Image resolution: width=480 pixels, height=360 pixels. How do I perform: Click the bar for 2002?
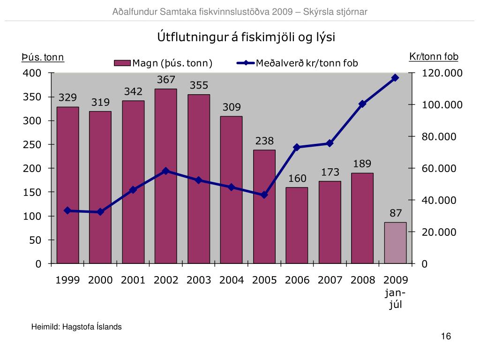pyautogui.click(x=166, y=176)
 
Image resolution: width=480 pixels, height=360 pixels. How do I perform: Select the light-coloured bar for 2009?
pyautogui.click(x=395, y=243)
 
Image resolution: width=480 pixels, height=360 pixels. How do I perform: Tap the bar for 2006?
pyautogui.click(x=297, y=225)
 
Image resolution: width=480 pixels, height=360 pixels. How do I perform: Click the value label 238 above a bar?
pyautogui.click(x=264, y=141)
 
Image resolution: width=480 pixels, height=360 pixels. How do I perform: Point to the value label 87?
pyautogui.click(x=396, y=213)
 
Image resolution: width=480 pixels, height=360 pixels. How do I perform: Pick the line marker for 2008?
pyautogui.click(x=362, y=104)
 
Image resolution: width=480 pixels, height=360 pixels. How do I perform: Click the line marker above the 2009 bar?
pyautogui.click(x=395, y=78)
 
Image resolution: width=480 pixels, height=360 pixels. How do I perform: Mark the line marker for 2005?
pyautogui.click(x=264, y=195)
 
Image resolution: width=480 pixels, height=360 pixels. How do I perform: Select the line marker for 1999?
pyautogui.click(x=67, y=210)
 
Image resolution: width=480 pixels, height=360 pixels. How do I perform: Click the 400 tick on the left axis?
pyautogui.click(x=32, y=73)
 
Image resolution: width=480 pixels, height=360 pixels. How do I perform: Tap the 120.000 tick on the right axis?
pyautogui.click(x=442, y=73)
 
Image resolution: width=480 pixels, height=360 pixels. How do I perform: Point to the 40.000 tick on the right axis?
pyautogui.click(x=439, y=201)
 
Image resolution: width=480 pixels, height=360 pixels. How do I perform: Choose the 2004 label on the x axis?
pyautogui.click(x=232, y=280)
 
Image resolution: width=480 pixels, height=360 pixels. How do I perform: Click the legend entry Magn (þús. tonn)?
pyautogui.click(x=164, y=63)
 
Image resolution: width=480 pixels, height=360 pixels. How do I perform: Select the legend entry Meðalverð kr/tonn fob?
pyautogui.click(x=300, y=63)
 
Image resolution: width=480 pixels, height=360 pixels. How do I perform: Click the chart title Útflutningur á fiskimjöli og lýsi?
pyautogui.click(x=246, y=37)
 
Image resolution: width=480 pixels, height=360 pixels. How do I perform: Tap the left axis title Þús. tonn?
pyautogui.click(x=43, y=58)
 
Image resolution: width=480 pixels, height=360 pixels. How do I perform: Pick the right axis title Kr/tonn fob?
pyautogui.click(x=434, y=57)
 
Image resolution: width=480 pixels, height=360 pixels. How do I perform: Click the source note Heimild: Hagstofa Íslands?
pyautogui.click(x=76, y=327)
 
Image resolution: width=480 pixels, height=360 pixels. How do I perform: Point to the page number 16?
pyautogui.click(x=445, y=337)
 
